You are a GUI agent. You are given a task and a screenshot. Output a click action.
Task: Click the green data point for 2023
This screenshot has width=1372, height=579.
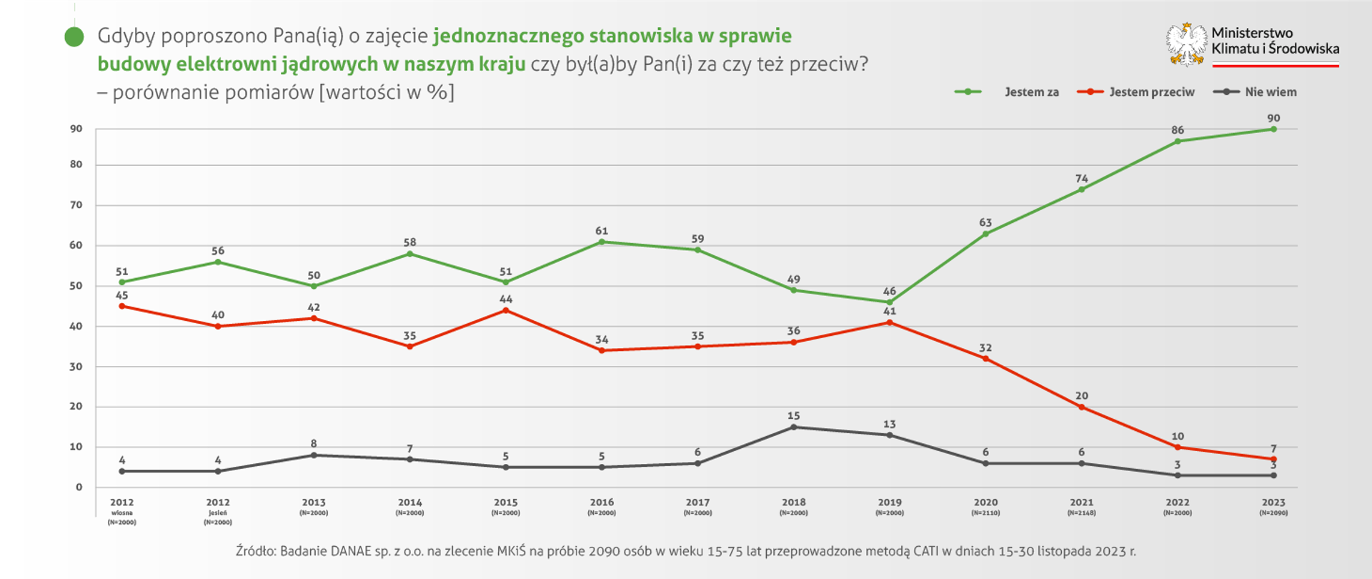(x=1273, y=129)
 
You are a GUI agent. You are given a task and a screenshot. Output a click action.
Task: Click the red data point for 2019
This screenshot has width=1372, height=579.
(x=890, y=322)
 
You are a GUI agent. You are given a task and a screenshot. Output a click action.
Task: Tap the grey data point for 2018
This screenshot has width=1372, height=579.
(x=793, y=427)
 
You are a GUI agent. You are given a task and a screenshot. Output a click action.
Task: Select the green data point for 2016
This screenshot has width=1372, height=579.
(x=602, y=242)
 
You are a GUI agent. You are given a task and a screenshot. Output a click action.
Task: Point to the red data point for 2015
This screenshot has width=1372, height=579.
(x=506, y=310)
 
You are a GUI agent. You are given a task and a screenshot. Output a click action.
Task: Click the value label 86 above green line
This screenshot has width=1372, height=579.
(x=1178, y=130)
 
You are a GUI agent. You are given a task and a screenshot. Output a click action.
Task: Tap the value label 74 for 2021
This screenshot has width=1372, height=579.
(x=1082, y=179)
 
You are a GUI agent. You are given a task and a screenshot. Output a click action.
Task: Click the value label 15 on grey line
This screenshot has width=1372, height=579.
(x=793, y=416)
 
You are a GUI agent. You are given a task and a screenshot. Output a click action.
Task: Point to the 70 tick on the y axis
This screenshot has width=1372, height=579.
(x=76, y=205)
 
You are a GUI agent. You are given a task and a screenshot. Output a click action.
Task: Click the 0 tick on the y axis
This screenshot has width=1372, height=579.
(x=79, y=488)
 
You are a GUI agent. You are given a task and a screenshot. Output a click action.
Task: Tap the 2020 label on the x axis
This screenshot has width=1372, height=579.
(x=985, y=503)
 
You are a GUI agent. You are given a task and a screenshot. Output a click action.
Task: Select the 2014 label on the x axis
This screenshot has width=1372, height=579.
(x=409, y=503)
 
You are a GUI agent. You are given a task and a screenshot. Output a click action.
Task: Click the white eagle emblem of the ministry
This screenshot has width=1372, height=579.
(x=1186, y=44)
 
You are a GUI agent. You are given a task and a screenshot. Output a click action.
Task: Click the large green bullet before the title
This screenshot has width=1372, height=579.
(x=74, y=37)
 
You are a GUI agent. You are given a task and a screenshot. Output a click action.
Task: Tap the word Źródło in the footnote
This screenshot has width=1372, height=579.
(x=255, y=551)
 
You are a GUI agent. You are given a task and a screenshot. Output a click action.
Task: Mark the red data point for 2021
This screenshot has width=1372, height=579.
(x=1081, y=407)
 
